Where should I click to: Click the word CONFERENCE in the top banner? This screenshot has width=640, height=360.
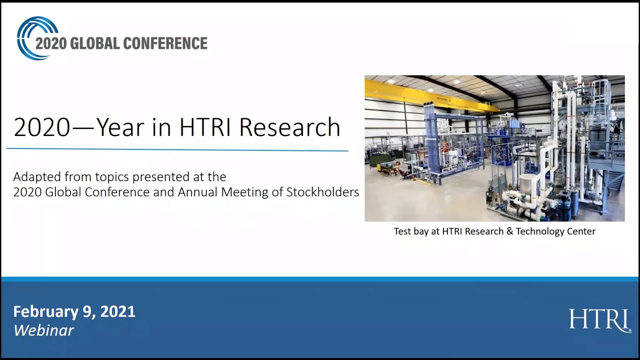click(165, 43)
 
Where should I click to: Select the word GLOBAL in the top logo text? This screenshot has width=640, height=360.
click(94, 43)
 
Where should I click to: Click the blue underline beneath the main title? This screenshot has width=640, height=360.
click(177, 149)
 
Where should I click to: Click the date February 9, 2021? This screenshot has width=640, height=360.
click(74, 312)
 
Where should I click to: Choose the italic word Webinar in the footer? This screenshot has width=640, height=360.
click(43, 330)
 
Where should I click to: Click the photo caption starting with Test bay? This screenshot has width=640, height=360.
click(494, 231)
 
